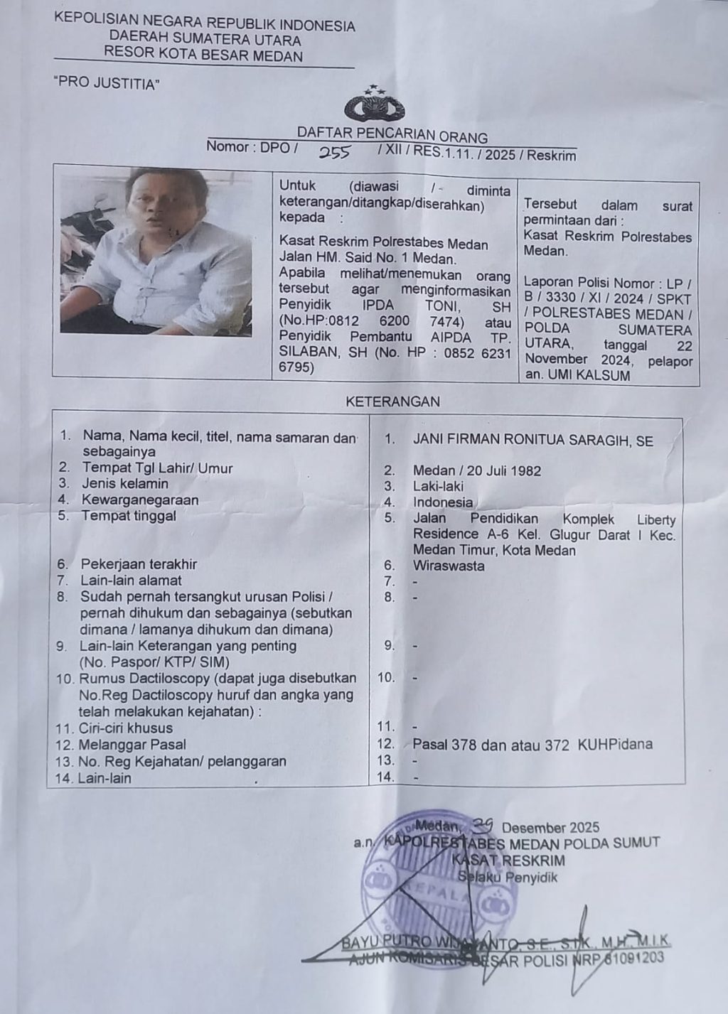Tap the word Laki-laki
[438, 486]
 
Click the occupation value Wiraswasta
[449, 566]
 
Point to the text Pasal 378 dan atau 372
[491, 745]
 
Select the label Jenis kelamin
[125, 484]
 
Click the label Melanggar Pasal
[134, 745]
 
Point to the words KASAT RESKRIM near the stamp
[508, 861]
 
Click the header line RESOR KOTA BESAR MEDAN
[203, 55]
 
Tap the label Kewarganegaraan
[139, 500]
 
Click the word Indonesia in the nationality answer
[442, 502]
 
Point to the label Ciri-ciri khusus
[127, 728]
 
